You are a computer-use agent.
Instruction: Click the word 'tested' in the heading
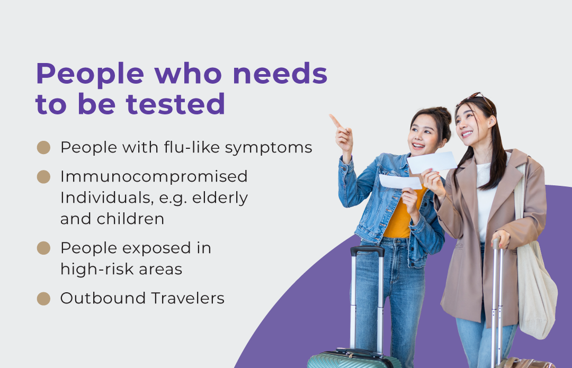click(x=175, y=104)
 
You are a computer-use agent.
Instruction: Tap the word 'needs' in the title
click(x=280, y=73)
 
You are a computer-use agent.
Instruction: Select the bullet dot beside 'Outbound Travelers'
click(x=44, y=298)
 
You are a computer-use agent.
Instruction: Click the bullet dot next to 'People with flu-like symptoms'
click(x=44, y=147)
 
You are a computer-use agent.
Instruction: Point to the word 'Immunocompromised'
click(x=154, y=176)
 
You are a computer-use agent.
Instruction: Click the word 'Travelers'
click(x=188, y=298)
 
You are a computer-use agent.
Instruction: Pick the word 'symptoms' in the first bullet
click(x=269, y=148)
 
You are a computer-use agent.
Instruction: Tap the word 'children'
click(x=130, y=219)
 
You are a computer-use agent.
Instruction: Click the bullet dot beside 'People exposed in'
click(x=44, y=248)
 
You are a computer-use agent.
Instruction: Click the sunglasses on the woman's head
click(x=476, y=98)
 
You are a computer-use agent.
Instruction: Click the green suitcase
click(x=354, y=358)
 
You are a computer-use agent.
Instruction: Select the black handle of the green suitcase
click(x=368, y=250)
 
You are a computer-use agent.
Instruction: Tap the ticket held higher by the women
click(x=432, y=163)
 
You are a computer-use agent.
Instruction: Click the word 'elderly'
click(x=220, y=198)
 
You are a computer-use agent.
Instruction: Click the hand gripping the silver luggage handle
click(x=501, y=238)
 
